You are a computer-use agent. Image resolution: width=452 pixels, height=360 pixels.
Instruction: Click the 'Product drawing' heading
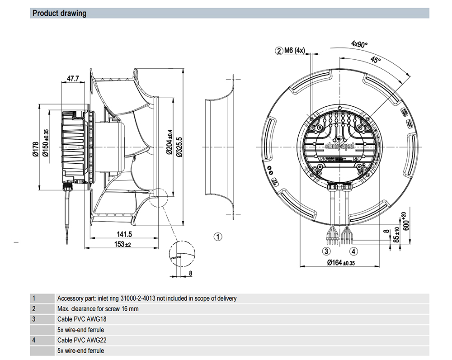[x=59, y=13]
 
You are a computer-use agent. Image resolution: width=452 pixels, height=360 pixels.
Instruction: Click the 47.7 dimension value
[x=73, y=79]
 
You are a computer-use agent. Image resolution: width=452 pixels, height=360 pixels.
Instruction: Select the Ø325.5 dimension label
[x=179, y=147]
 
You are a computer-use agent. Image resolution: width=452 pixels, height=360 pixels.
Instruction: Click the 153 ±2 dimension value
[x=122, y=245]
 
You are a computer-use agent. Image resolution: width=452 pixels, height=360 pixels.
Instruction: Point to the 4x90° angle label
[x=359, y=44]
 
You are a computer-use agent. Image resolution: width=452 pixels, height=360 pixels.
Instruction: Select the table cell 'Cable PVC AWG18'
[x=75, y=319]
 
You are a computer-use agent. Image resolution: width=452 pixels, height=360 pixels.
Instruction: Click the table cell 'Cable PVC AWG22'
[x=75, y=340]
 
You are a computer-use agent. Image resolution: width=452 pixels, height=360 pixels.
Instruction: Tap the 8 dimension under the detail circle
[x=190, y=273]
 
